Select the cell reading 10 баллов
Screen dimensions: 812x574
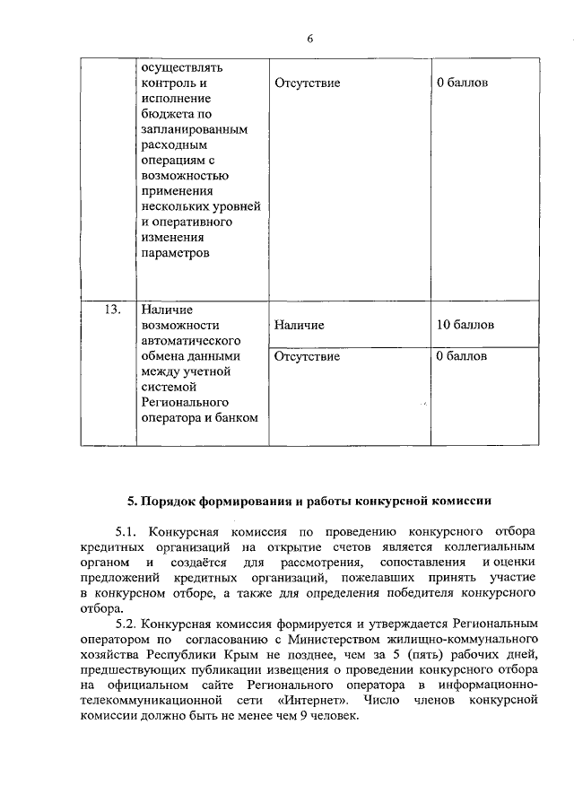465,325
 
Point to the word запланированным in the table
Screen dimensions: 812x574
194,130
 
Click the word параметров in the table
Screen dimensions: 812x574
176,254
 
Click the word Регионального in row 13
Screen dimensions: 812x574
185,401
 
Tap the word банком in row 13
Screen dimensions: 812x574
237,416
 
